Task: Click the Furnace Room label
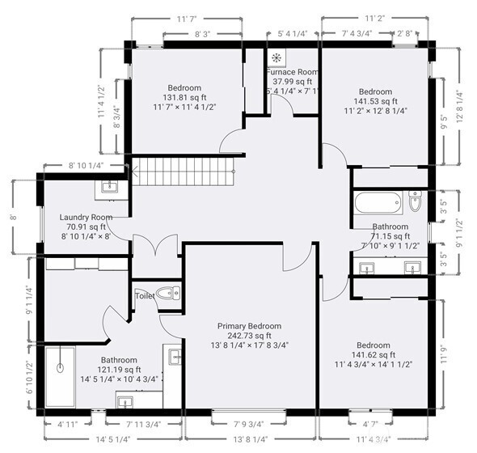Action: [x=293, y=71]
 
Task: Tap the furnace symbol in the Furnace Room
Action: [x=277, y=57]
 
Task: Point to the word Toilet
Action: [x=145, y=296]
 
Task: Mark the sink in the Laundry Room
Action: [x=108, y=188]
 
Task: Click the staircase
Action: [x=181, y=171]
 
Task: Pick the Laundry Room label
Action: [x=85, y=218]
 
